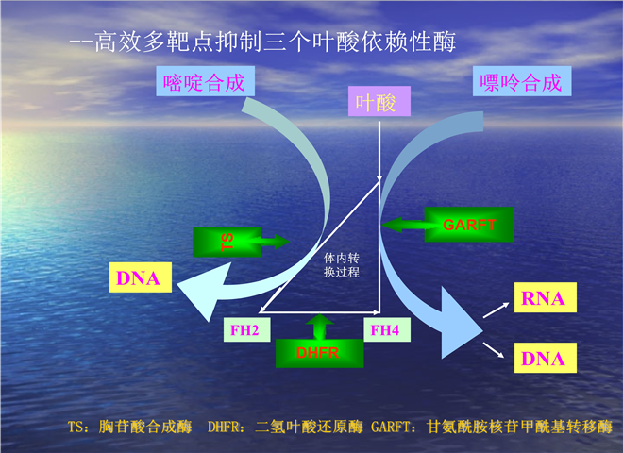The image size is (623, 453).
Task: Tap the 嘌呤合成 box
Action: point(520,83)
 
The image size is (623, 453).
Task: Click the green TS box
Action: point(227,242)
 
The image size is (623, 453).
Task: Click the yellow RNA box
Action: point(543,299)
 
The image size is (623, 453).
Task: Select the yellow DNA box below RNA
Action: point(543,359)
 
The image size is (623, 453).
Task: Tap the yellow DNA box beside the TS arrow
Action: point(138,278)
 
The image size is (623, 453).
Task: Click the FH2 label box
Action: point(249,329)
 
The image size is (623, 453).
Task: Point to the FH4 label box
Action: point(384,329)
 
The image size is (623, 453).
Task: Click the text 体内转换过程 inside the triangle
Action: point(340,264)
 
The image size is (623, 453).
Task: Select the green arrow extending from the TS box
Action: point(274,242)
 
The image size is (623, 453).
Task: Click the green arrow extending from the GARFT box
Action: point(405,225)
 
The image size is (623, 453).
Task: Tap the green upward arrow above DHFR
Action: point(318,327)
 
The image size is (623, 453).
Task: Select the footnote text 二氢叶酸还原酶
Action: point(309,427)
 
